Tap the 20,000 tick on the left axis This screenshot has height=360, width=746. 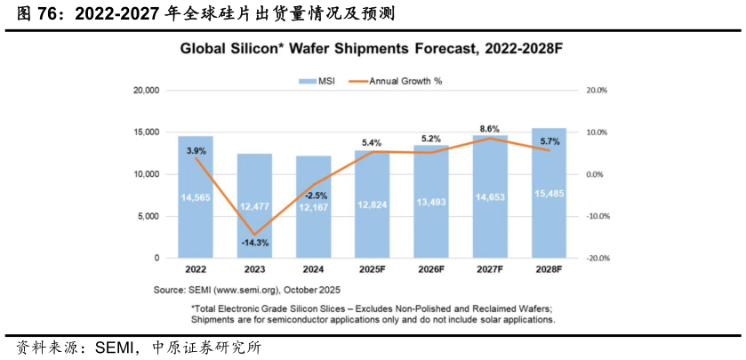pos(145,91)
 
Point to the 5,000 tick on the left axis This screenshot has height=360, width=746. pos(148,216)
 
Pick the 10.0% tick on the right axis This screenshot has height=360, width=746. pos(594,132)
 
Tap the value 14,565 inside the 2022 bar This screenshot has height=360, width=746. pos(195,197)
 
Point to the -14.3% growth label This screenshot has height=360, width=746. pos(255,243)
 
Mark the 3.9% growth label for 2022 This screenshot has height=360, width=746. pos(196,151)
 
